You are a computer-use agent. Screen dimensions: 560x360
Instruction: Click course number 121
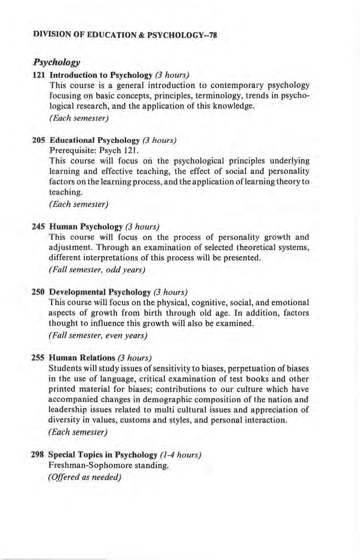pyautogui.click(x=39, y=75)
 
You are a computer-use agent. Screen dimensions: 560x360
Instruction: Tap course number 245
pyautogui.click(x=39, y=227)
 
